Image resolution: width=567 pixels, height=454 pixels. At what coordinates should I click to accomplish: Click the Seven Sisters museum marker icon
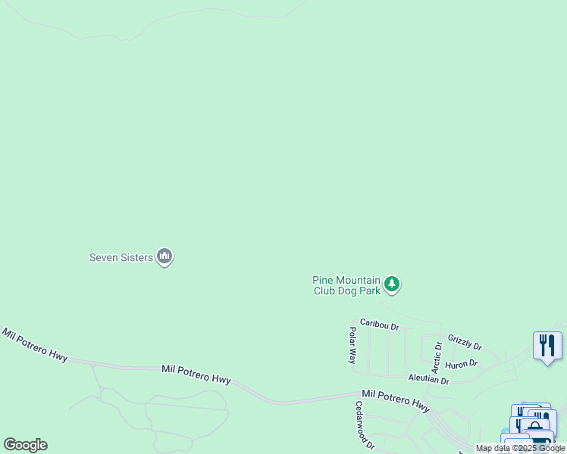click(164, 257)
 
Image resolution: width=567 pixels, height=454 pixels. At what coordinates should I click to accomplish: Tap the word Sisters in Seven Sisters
click(137, 257)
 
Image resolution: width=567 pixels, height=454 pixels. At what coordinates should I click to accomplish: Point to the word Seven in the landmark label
click(105, 257)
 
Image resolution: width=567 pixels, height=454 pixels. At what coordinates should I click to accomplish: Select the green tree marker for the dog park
click(391, 284)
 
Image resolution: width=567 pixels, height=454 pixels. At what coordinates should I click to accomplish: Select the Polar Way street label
click(352, 344)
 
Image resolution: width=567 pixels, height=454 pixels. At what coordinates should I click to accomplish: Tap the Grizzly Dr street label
click(464, 342)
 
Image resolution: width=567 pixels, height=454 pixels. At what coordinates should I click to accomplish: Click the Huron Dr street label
click(461, 364)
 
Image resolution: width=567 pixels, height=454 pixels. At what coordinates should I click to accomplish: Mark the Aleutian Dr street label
click(428, 380)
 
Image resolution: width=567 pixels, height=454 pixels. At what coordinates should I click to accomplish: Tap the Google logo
click(25, 445)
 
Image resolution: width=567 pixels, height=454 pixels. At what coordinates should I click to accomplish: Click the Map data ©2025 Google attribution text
click(520, 448)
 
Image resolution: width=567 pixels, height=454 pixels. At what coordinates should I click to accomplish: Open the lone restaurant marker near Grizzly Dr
click(547, 346)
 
